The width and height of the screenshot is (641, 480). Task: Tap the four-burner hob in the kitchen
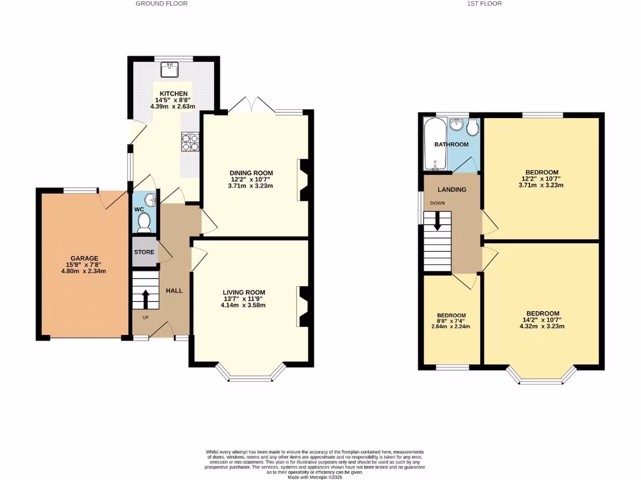point(190,143)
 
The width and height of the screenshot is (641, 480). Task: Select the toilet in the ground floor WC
point(144,221)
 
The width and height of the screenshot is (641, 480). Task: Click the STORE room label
point(144,252)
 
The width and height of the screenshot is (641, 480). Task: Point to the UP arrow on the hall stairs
point(145,299)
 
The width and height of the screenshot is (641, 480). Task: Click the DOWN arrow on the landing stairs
point(437,221)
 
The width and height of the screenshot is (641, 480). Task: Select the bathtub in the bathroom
point(433,145)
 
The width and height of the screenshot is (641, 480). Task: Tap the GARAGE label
point(84,258)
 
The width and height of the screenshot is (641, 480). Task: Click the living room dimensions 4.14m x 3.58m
point(244,305)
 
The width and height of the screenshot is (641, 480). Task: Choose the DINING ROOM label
point(252,173)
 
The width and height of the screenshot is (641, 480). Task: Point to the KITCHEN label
point(173,94)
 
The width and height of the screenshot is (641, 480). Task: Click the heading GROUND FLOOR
point(162,4)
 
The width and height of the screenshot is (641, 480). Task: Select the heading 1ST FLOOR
point(484,4)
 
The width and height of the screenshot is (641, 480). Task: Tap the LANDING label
point(451,189)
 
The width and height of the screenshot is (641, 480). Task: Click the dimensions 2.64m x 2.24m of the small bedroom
point(450,326)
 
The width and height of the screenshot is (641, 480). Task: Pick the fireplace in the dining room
point(304,179)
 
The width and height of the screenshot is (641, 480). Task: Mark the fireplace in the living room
point(304,306)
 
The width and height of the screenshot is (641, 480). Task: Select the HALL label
point(174,291)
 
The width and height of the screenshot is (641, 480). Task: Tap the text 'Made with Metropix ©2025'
point(315,477)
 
